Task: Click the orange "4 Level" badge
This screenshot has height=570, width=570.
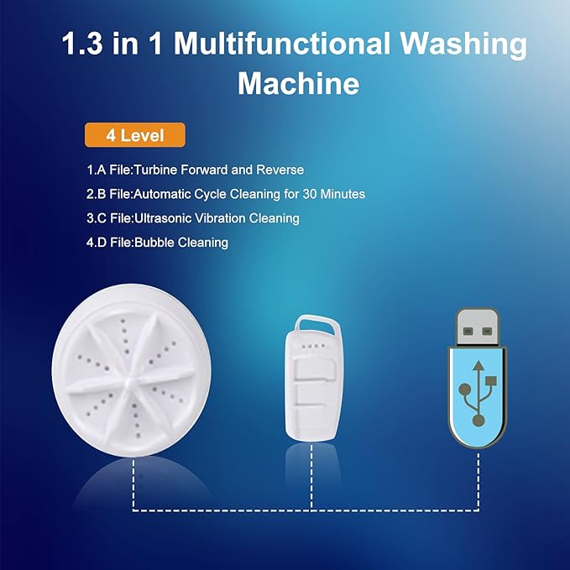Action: tap(134, 135)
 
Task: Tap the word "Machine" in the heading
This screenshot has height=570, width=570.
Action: tap(298, 84)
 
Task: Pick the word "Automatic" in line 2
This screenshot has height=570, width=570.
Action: tap(162, 194)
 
